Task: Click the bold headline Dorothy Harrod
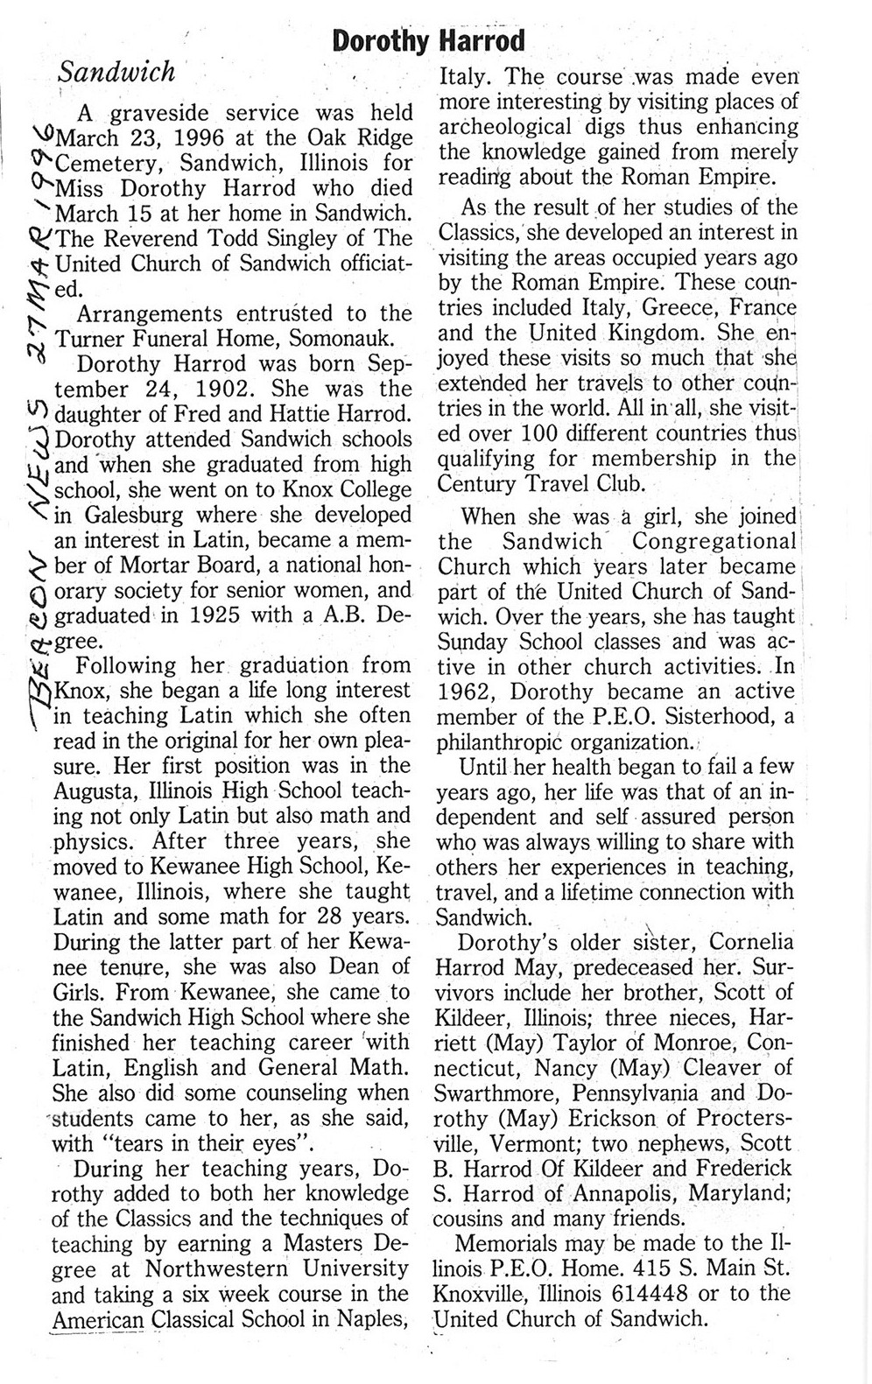click(429, 40)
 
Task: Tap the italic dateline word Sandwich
click(116, 72)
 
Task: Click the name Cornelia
click(750, 942)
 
